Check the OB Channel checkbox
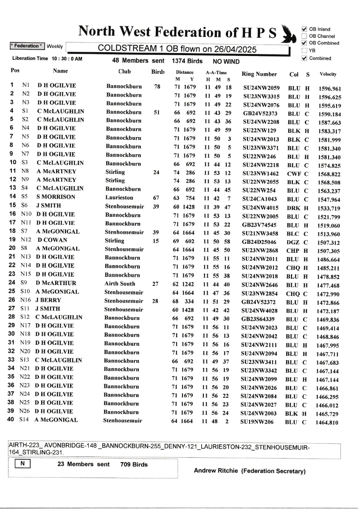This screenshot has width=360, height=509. (x=304, y=36)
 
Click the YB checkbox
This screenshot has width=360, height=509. (x=304, y=50)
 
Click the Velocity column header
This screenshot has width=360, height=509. (x=328, y=74)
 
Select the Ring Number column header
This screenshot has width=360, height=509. (x=259, y=74)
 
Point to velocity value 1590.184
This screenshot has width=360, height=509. (x=330, y=114)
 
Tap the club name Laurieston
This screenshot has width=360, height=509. (x=121, y=197)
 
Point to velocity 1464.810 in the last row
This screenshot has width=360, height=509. (x=329, y=422)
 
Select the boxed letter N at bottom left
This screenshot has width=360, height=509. (x=22, y=464)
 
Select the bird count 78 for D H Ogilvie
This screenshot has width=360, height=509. (x=157, y=87)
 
